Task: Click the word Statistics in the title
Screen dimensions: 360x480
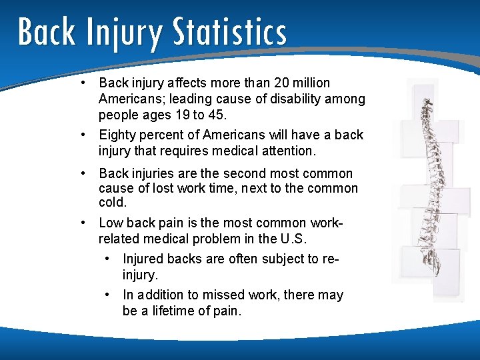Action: click(x=229, y=32)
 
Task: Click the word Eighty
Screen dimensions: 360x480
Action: click(x=117, y=135)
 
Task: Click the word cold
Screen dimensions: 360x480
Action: click(x=112, y=203)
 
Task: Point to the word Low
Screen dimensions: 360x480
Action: click(x=111, y=223)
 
